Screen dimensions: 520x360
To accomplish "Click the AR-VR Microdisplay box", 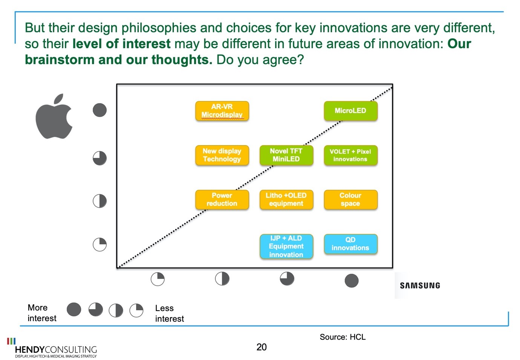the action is tap(222, 111).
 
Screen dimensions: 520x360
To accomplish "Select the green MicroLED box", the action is tap(351, 111).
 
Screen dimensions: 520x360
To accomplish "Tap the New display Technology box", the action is tap(222, 155).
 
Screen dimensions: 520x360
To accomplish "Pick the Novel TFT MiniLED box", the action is tap(286, 155).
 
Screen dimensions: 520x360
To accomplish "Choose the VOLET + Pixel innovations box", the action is tap(351, 155).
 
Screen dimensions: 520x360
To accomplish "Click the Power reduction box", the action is tap(222, 200).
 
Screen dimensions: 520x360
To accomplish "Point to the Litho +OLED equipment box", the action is tap(286, 200).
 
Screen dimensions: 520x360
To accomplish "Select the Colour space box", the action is tap(351, 200).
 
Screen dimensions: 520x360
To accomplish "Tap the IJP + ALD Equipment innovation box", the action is tap(286, 246).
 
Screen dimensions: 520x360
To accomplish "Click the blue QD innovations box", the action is tap(351, 244).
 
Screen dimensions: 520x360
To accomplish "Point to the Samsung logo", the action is tap(420, 285).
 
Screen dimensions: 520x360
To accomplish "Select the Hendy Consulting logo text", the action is tap(56, 349).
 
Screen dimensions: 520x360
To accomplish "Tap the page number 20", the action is tap(261, 347).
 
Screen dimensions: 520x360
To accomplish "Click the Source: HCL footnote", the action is tap(342, 337).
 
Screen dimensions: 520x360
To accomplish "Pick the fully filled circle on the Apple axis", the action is tap(100, 110).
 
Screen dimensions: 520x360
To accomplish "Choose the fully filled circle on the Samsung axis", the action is tap(351, 280).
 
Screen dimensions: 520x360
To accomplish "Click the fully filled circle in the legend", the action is tap(74, 309).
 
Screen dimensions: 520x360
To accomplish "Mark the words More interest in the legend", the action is tap(42, 313).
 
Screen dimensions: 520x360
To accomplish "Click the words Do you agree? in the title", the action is tap(260, 60).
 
